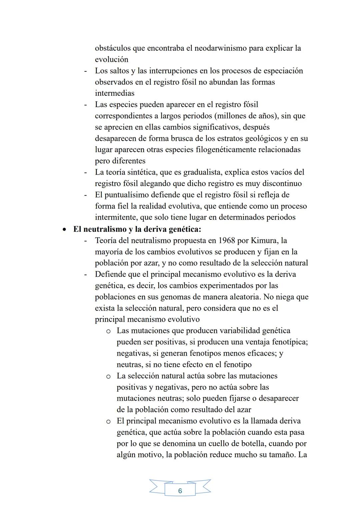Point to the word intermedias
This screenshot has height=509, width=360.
point(115,93)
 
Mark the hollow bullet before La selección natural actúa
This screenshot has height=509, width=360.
point(108,376)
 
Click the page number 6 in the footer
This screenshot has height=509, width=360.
point(180,491)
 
